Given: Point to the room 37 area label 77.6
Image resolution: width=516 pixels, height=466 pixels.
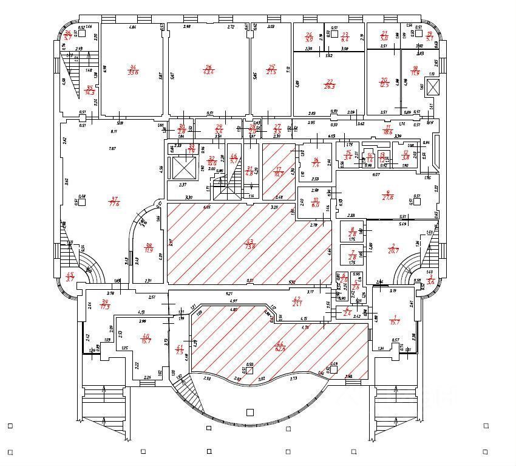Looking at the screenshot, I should [x=113, y=201].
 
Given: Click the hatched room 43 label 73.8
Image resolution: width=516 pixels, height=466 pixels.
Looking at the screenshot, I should [x=250, y=244].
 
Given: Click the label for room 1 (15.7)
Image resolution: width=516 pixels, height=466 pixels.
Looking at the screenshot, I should [x=395, y=318].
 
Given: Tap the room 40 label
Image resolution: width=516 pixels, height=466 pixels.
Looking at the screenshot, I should [x=145, y=339].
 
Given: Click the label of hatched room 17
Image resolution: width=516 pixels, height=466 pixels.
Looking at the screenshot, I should [x=279, y=172].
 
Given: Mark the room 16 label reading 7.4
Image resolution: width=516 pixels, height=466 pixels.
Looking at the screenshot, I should [x=316, y=163].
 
